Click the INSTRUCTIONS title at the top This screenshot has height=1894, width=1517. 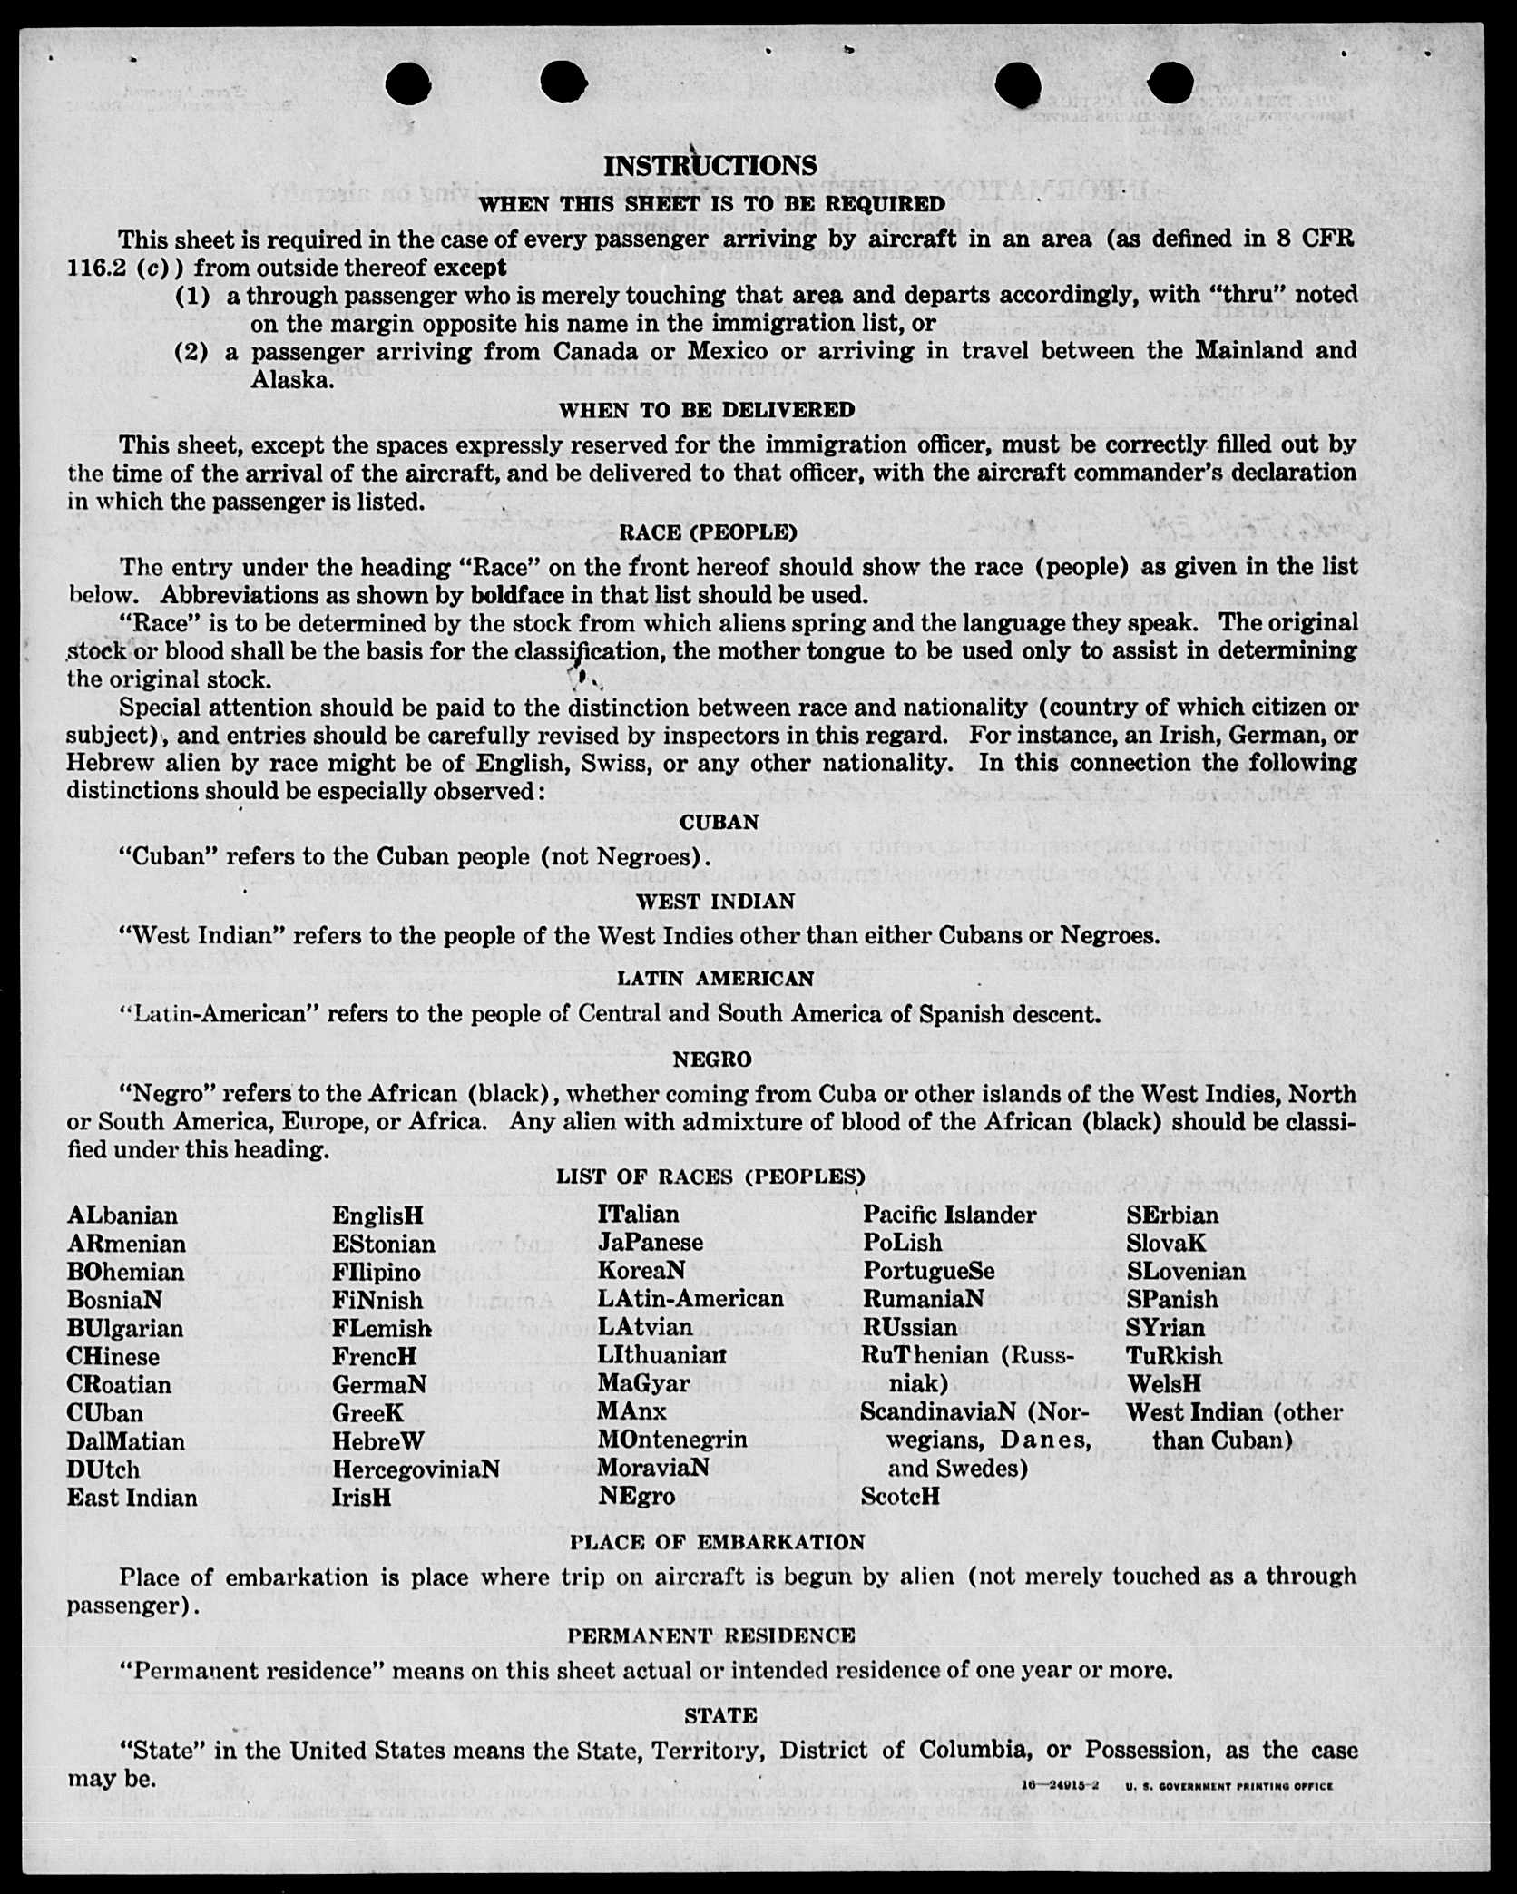(710, 165)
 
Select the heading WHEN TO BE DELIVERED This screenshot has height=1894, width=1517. (707, 410)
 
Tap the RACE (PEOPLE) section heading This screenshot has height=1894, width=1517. (708, 532)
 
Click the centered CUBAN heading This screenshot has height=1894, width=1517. (719, 822)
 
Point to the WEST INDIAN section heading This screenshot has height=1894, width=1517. (715, 902)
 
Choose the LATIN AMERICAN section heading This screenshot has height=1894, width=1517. (716, 979)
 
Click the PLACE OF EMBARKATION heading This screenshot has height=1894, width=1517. (717, 1542)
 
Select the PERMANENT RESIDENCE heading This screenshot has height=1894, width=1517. (711, 1635)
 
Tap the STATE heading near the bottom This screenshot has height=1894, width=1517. (720, 1715)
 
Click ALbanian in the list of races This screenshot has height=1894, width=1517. (122, 1215)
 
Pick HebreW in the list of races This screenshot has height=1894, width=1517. (378, 1441)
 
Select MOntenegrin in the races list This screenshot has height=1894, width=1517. (672, 1440)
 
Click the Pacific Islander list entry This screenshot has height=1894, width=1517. (949, 1215)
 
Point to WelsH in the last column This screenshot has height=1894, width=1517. (1164, 1384)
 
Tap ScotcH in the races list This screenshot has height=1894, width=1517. (900, 1497)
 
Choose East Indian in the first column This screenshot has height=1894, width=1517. (132, 1498)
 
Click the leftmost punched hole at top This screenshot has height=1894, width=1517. (407, 84)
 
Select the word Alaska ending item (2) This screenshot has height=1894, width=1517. (290, 380)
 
